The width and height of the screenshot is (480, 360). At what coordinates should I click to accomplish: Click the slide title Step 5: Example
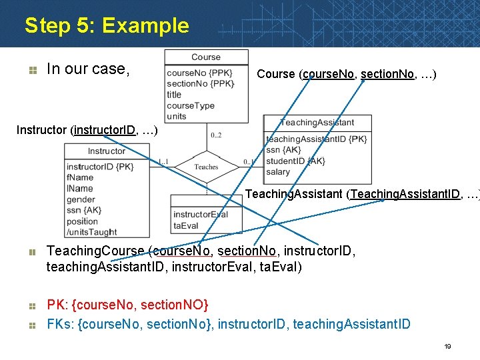[107, 26]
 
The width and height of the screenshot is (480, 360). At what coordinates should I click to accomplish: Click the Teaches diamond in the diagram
[206, 167]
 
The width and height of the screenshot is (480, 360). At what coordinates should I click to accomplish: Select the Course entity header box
[206, 57]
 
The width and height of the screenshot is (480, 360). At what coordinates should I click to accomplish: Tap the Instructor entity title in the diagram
[107, 151]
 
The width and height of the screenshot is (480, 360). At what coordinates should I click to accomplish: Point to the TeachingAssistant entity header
[317, 123]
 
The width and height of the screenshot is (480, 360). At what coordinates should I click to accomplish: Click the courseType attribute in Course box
[191, 105]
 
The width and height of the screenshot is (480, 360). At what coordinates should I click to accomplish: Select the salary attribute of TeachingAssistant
[278, 172]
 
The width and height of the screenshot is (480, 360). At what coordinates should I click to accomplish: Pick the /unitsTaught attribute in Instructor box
[92, 232]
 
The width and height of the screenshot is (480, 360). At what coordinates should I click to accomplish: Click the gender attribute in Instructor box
[81, 199]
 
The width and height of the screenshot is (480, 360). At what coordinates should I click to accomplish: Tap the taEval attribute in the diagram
[186, 225]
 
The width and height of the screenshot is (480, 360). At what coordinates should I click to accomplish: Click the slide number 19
[448, 347]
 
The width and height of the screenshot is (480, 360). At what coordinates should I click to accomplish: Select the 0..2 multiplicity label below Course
[216, 135]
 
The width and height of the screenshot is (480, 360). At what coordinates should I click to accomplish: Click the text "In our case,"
[86, 69]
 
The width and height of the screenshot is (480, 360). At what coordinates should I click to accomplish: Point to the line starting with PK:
[127, 305]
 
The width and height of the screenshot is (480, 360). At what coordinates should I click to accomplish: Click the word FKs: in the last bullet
[60, 325]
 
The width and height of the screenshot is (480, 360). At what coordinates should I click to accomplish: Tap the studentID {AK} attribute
[295, 161]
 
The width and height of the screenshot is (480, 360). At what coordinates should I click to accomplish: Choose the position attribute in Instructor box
[83, 221]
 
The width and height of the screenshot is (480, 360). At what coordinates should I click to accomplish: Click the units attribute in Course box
[177, 116]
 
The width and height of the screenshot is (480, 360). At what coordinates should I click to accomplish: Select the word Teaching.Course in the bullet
[95, 251]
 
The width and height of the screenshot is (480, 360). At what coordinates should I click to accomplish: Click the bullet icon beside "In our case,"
[31, 69]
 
